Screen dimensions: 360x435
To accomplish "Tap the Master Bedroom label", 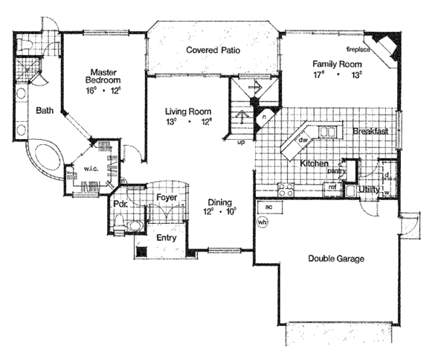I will tap(104, 78).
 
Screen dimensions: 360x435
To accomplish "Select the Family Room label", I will tap(336, 63).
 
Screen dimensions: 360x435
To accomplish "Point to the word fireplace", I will tap(360, 49).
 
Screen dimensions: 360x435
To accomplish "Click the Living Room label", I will tap(188, 112).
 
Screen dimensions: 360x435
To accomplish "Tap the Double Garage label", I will tap(336, 259).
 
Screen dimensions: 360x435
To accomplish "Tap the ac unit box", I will tap(268, 207).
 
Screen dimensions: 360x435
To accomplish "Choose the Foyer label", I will tap(167, 196).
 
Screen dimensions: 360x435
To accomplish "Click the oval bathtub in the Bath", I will tap(46, 159).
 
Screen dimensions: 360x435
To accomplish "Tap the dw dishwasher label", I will tap(304, 140).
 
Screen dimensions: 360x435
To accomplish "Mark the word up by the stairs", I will tap(240, 142).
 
